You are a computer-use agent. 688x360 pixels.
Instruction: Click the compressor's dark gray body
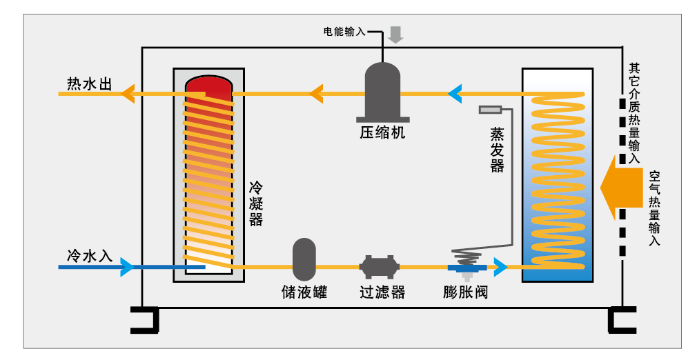coord(382,90)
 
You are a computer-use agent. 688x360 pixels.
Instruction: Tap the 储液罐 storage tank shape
coord(304,259)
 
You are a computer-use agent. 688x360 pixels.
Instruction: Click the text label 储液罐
coord(304,292)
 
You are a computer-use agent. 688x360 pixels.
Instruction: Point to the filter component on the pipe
coord(380,266)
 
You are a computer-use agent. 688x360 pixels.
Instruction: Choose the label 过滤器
coord(382,292)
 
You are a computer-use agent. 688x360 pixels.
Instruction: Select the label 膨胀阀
coord(465,292)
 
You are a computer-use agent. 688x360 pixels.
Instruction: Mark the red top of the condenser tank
coord(209,86)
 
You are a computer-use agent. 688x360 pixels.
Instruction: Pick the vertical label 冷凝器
coord(256,204)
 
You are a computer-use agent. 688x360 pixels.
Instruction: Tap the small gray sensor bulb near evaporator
coord(491,109)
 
